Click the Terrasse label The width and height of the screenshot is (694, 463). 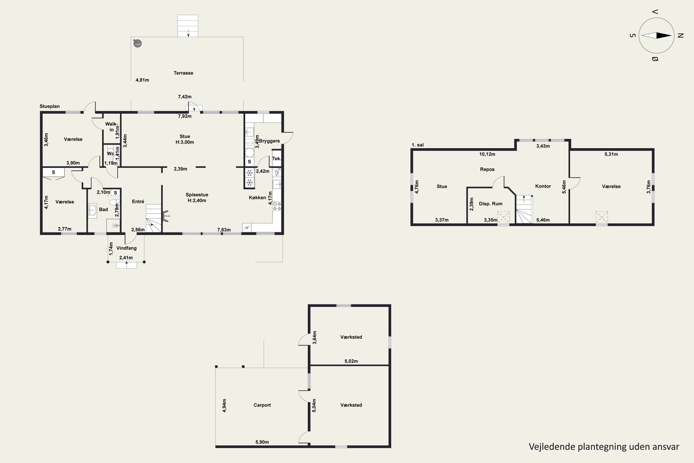[x=183, y=73]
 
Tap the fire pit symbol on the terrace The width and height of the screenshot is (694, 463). [x=137, y=44]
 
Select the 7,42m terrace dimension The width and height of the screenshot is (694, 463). [x=185, y=97]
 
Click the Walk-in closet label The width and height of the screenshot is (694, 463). [x=112, y=127]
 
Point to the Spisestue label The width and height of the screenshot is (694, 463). [x=197, y=195]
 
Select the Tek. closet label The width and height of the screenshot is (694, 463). [x=276, y=159]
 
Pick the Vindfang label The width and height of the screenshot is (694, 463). [x=126, y=248]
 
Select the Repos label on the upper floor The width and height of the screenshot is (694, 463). [x=487, y=169]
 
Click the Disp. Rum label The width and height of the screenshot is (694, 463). [x=490, y=203]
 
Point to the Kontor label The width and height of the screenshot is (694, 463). [x=543, y=186]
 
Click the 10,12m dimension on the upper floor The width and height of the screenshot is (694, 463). [x=487, y=154]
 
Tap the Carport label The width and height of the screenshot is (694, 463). [x=262, y=405]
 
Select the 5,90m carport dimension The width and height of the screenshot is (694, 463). [x=262, y=442]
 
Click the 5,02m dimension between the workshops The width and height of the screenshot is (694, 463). [x=351, y=361]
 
